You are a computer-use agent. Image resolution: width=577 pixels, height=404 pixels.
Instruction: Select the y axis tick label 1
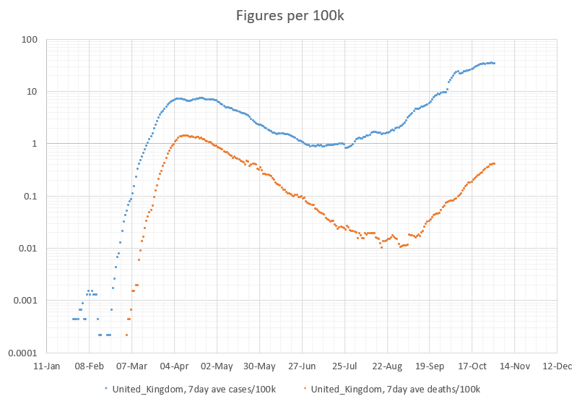click(x=34, y=144)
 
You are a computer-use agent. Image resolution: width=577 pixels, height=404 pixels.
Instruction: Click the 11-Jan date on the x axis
click(x=47, y=366)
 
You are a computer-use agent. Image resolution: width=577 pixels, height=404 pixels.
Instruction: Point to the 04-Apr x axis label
click(x=174, y=366)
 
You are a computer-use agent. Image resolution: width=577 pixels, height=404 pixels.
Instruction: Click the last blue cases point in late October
click(x=494, y=63)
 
